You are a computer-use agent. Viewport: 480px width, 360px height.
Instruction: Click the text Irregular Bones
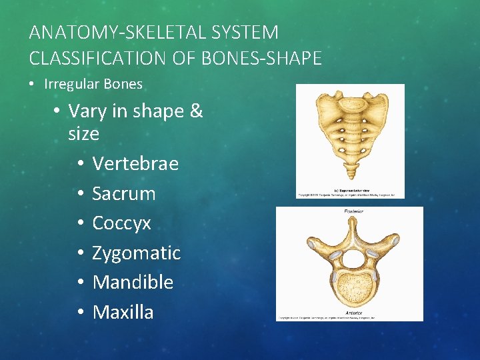point(93,84)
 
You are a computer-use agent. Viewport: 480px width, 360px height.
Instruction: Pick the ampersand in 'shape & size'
point(196,111)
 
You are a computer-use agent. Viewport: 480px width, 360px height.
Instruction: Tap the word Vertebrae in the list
point(135,163)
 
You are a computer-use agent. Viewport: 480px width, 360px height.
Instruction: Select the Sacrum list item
point(123,193)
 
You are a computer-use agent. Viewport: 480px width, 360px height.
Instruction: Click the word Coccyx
point(121,223)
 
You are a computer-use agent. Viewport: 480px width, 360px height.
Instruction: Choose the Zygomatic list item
point(136,253)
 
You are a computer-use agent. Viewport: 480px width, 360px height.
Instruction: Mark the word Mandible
point(133,282)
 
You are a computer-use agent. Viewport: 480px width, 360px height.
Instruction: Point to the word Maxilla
point(123,311)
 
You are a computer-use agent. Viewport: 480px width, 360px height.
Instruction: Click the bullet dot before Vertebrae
point(79,164)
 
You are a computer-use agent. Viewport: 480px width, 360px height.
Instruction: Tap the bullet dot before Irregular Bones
point(33,85)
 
